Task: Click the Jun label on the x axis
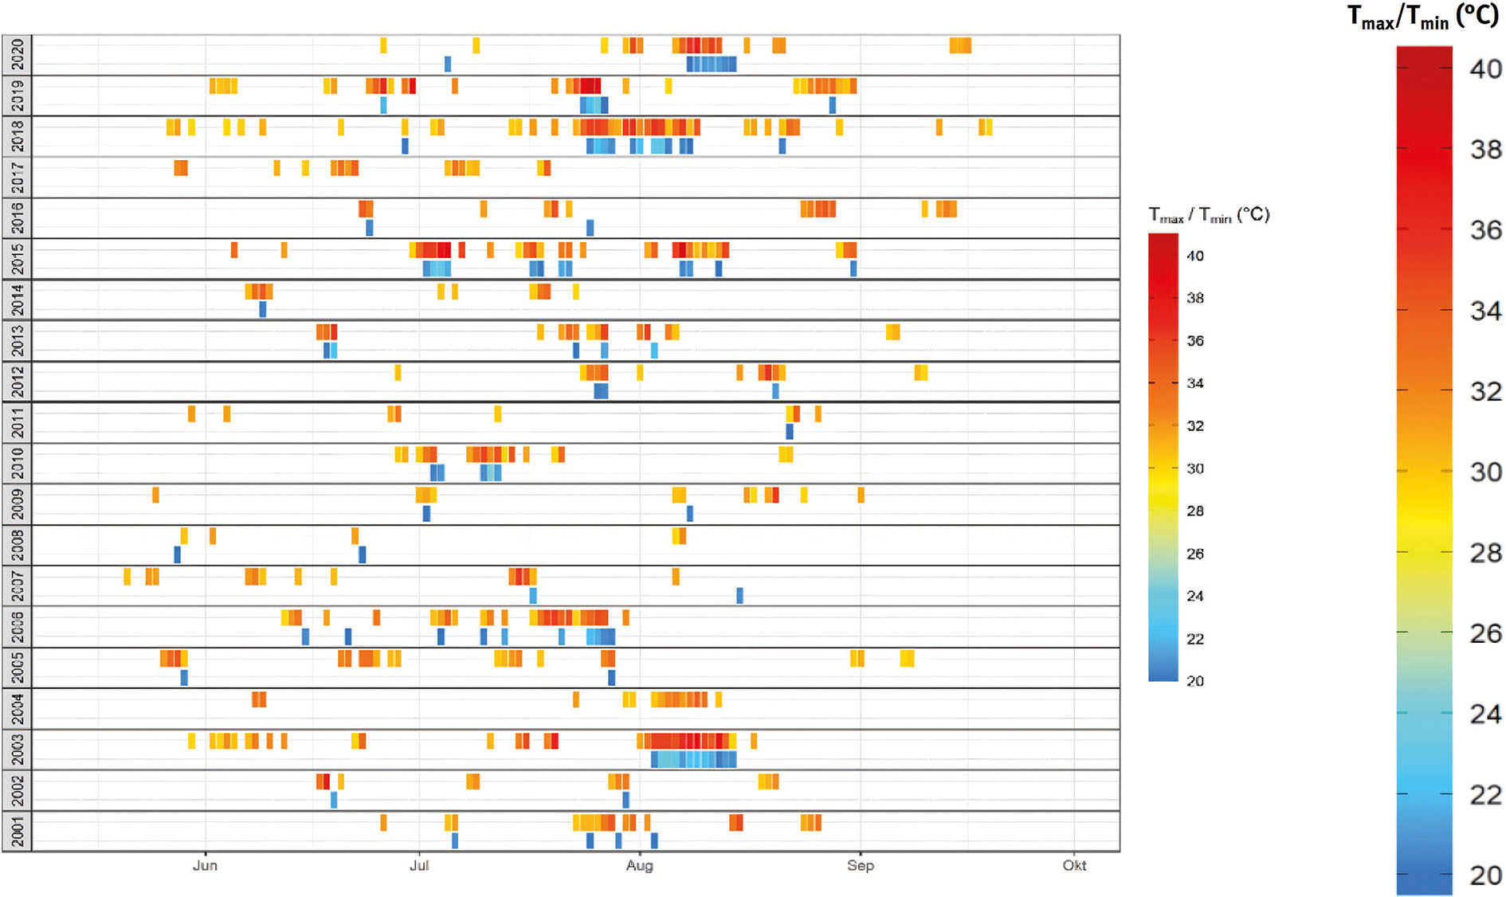click(x=205, y=866)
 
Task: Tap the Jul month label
click(x=419, y=866)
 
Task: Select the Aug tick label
click(x=639, y=866)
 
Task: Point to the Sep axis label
click(x=861, y=866)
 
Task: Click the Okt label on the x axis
click(x=1074, y=866)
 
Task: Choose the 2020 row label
click(x=17, y=55)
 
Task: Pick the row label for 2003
click(x=17, y=750)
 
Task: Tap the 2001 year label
click(x=17, y=832)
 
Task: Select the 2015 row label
click(x=17, y=259)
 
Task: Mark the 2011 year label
click(x=17, y=422)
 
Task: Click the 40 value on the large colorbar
click(x=1485, y=69)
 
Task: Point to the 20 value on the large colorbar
click(x=1485, y=875)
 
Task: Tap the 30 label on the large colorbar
click(x=1485, y=472)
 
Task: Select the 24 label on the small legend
click(x=1194, y=596)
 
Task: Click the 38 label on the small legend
click(x=1194, y=298)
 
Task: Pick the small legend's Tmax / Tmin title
click(x=1208, y=215)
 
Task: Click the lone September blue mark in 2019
click(x=832, y=105)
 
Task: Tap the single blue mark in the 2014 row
click(x=263, y=309)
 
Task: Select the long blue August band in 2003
click(x=693, y=759)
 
